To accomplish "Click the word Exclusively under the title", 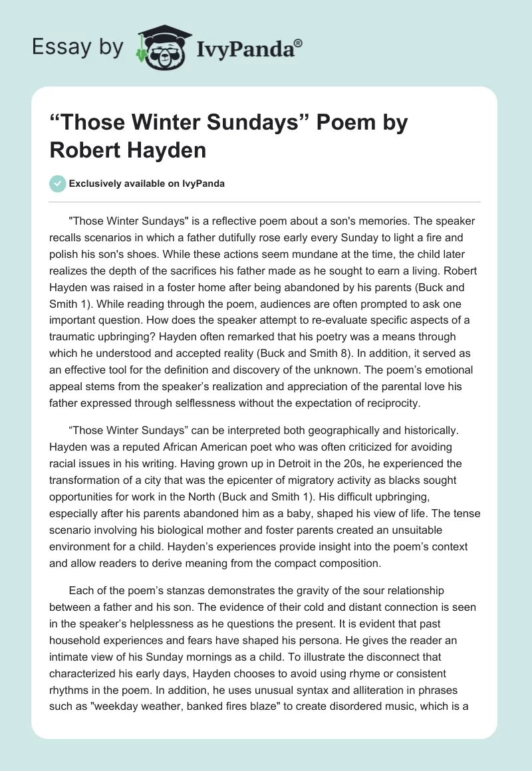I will pyautogui.click(x=97, y=184).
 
